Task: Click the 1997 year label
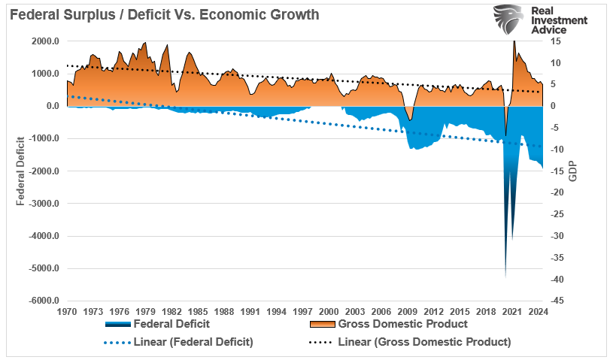coord(303,311)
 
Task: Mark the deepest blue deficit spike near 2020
coord(505,275)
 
